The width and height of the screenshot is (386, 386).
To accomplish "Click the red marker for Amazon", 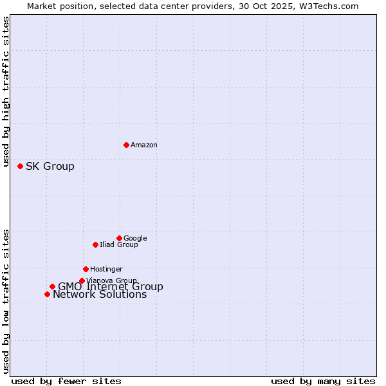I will coord(126,145).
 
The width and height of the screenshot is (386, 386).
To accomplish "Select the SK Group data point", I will coord(20,166).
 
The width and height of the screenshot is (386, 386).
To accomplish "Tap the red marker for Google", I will coord(119,238).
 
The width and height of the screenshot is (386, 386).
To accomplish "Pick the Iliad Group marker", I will coord(95,244).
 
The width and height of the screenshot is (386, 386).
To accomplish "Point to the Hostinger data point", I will coord(86,269).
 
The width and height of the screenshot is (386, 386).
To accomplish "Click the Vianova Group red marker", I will coord(82,280).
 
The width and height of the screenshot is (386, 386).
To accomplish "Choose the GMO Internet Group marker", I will coord(52,287).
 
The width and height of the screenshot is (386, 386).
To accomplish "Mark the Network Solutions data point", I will coord(47,294).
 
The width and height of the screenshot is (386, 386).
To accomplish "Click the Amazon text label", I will coord(144,145).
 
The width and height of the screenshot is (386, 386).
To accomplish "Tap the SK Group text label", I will coord(50,167).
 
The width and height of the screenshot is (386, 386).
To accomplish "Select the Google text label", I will coord(135,238).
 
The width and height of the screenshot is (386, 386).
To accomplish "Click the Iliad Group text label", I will coord(119,244).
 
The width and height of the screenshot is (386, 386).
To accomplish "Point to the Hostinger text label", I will coord(106,269).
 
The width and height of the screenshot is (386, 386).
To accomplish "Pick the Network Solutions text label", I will coord(100,295).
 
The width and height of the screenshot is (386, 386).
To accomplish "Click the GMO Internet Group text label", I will coord(111,287).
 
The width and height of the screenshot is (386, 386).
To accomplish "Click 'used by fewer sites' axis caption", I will coord(66,381).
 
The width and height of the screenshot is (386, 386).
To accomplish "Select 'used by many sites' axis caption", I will coord(323,381).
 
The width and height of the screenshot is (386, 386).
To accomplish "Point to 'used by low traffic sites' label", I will coord(6,300).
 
